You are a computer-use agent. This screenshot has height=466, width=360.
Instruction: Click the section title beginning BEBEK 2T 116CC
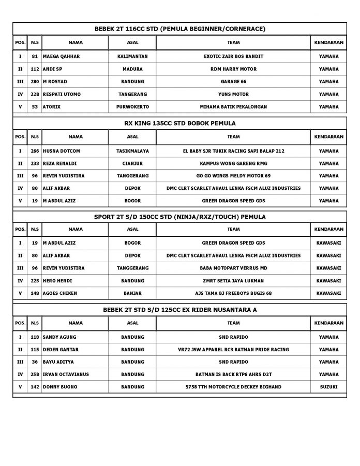(x=179, y=28)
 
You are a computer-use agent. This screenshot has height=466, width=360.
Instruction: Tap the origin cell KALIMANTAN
(x=132, y=56)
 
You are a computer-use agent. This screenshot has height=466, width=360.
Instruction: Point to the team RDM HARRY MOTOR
(x=233, y=69)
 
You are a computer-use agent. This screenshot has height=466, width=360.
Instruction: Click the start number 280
(x=35, y=82)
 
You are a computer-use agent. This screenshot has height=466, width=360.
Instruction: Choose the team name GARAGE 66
(x=233, y=82)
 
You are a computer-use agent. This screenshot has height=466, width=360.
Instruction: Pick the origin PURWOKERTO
(x=132, y=107)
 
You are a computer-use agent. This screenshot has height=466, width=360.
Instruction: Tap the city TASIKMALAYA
(x=132, y=151)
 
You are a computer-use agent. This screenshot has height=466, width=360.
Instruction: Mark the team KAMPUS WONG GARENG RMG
(x=233, y=163)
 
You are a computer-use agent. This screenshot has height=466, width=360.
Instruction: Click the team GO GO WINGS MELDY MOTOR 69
(x=233, y=176)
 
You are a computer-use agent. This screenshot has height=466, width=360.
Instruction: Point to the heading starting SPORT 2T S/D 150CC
(x=179, y=217)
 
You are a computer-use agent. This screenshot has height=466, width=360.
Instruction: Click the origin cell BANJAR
(x=132, y=293)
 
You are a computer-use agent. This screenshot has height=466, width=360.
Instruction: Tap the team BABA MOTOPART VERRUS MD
(x=233, y=268)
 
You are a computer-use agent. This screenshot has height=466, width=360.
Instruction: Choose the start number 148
(x=35, y=293)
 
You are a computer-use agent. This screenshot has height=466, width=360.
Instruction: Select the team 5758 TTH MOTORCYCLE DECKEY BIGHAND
(x=233, y=387)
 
